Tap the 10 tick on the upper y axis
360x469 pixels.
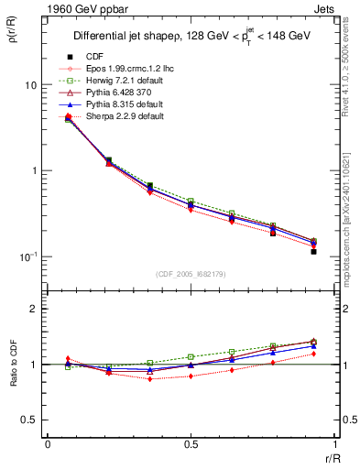pyautogui.click(x=30, y=85)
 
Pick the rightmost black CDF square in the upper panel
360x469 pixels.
pyautogui.click(x=313, y=251)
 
